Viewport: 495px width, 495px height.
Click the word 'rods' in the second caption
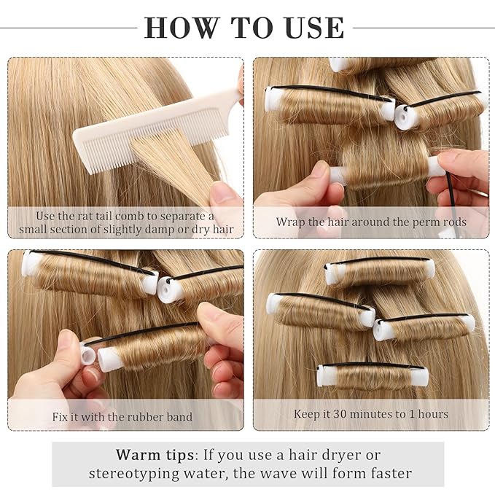point(451,222)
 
